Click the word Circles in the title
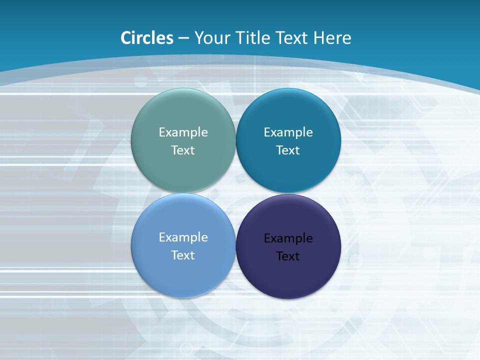[147, 38]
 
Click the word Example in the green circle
[183, 132]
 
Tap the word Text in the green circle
[183, 150]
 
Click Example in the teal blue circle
[288, 132]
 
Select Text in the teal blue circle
[288, 150]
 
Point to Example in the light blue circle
[183, 237]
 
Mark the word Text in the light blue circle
[183, 255]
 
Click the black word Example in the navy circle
[288, 238]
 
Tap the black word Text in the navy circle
[288, 256]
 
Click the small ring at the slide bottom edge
[186, 348]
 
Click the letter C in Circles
[126, 38]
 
